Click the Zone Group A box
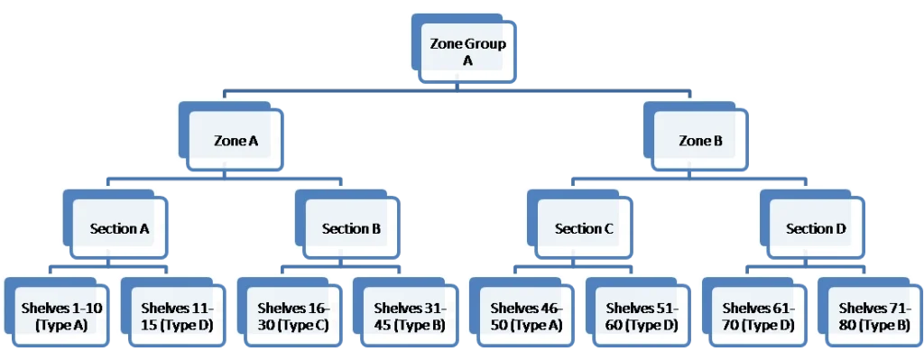(x=467, y=52)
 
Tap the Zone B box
(x=700, y=141)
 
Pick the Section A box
(x=119, y=228)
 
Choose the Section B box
(x=351, y=228)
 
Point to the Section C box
(x=584, y=228)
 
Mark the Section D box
(x=816, y=228)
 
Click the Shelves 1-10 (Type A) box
(x=61, y=317)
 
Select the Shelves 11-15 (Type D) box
(x=177, y=317)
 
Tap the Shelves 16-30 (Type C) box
(x=292, y=317)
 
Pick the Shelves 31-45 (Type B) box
(x=409, y=317)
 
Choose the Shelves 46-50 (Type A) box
(x=525, y=317)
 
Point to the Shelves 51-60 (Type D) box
(x=642, y=317)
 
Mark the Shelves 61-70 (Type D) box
(x=758, y=317)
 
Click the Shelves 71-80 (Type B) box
(x=873, y=317)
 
